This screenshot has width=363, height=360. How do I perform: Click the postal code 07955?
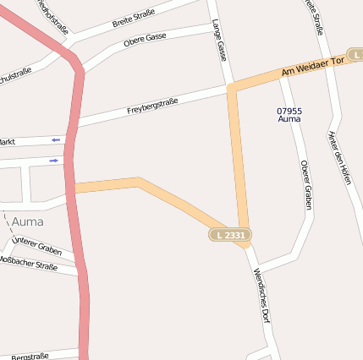(289, 111)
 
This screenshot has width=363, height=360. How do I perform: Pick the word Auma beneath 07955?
(289, 120)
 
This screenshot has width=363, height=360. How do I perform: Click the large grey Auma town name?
(27, 221)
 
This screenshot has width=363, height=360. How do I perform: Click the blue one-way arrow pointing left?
(57, 139)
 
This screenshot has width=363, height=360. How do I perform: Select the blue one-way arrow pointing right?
(55, 159)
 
